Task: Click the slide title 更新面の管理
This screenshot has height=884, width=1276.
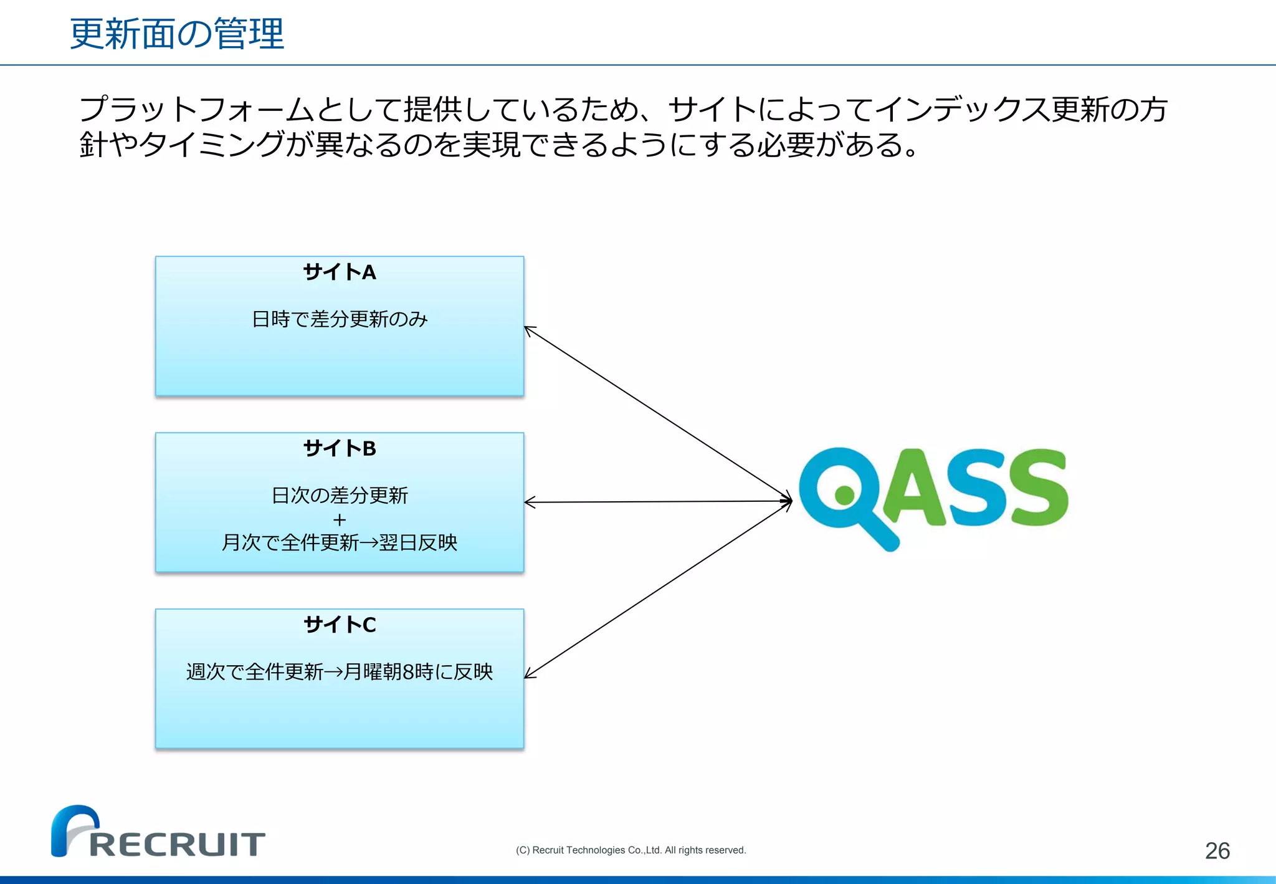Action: [x=177, y=34]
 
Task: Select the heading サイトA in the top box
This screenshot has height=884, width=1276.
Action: [x=340, y=272]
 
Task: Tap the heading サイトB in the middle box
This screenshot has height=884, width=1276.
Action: [x=340, y=448]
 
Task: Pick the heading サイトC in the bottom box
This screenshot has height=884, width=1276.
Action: [x=340, y=625]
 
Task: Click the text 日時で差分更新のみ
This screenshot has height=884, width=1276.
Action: [x=340, y=319]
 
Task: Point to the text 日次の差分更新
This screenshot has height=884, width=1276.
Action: [x=340, y=496]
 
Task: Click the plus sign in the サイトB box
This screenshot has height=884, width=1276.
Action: [x=340, y=519]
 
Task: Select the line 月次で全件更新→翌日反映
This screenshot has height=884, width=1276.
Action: [x=340, y=543]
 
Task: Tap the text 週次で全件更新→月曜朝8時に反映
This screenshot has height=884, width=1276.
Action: [x=340, y=672]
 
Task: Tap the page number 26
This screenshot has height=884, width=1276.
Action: [x=1217, y=851]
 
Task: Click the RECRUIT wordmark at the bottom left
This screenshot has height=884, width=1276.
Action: [x=178, y=845]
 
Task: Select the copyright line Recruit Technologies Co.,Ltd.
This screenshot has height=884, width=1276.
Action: [x=631, y=850]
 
